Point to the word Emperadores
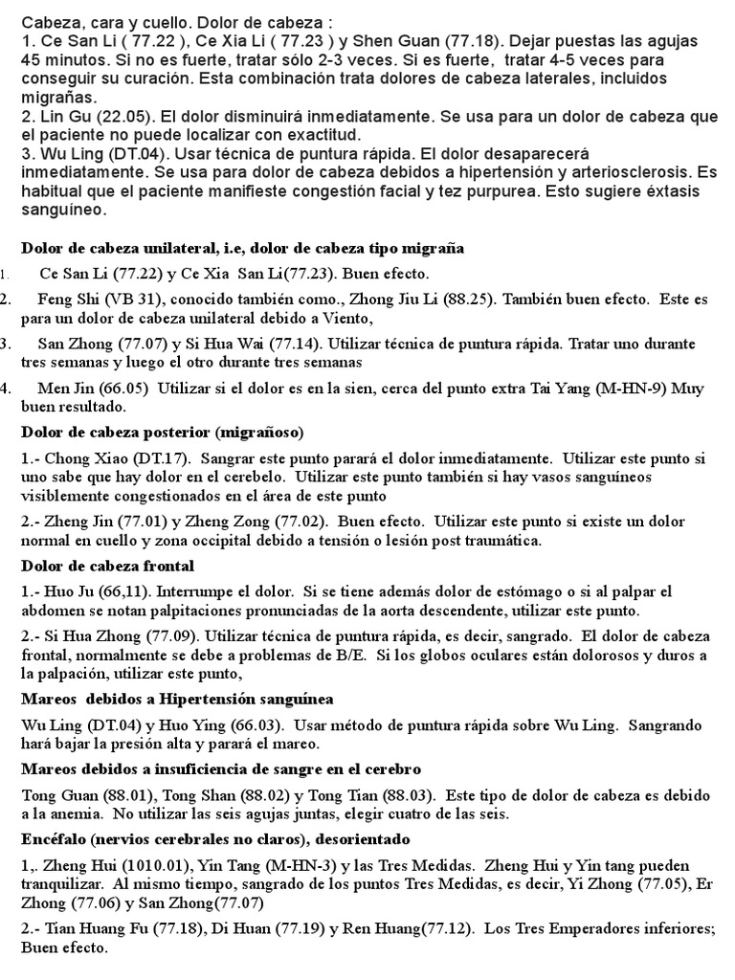(x=558, y=929)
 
